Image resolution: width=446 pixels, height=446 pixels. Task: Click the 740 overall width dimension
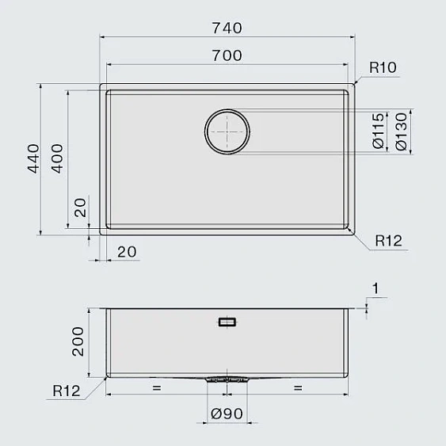click(227, 28)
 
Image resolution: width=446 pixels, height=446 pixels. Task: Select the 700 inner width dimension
click(227, 55)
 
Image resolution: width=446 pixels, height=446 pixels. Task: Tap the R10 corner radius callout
click(383, 67)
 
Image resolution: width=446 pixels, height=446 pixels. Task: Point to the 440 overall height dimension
click(33, 158)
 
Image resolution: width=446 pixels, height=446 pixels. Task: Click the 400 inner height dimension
click(57, 158)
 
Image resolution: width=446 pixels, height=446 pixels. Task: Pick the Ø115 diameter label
click(379, 131)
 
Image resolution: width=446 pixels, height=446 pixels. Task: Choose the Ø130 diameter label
click(402, 132)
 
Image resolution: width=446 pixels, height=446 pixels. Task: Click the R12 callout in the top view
click(388, 241)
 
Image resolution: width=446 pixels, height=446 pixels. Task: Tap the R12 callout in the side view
click(67, 391)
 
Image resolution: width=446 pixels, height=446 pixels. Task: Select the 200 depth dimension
click(78, 341)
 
